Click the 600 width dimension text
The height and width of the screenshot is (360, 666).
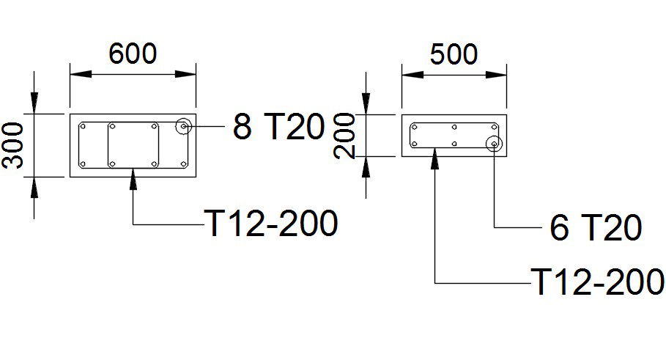pyautogui.click(x=133, y=54)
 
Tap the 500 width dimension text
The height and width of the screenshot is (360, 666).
pyautogui.click(x=454, y=54)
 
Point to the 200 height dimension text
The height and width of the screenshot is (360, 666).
pyautogui.click(x=344, y=136)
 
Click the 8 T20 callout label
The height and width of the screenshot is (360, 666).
pyautogui.click(x=278, y=128)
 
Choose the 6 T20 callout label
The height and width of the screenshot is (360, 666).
pyautogui.click(x=596, y=229)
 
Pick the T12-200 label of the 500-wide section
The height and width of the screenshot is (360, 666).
pyautogui.click(x=598, y=282)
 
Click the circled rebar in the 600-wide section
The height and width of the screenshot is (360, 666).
pyautogui.click(x=183, y=127)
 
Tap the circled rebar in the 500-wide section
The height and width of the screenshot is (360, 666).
pyautogui.click(x=495, y=144)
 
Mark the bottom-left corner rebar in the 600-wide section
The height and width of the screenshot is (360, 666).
pyautogui.click(x=84, y=163)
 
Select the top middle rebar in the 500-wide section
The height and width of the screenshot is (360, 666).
pyautogui.click(x=455, y=127)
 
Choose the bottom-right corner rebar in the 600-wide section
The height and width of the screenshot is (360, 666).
pyautogui.click(x=183, y=163)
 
